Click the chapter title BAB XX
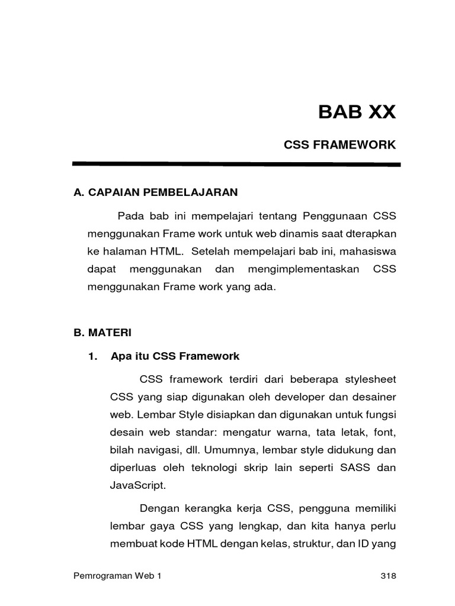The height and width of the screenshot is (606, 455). point(356,112)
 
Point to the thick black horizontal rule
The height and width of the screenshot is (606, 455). point(236,164)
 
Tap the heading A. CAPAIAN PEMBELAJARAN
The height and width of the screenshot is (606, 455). point(155,192)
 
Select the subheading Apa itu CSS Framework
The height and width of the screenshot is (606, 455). point(175,356)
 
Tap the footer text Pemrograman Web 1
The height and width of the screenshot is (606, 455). point(116,577)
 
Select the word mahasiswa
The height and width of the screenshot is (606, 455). point(367,251)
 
